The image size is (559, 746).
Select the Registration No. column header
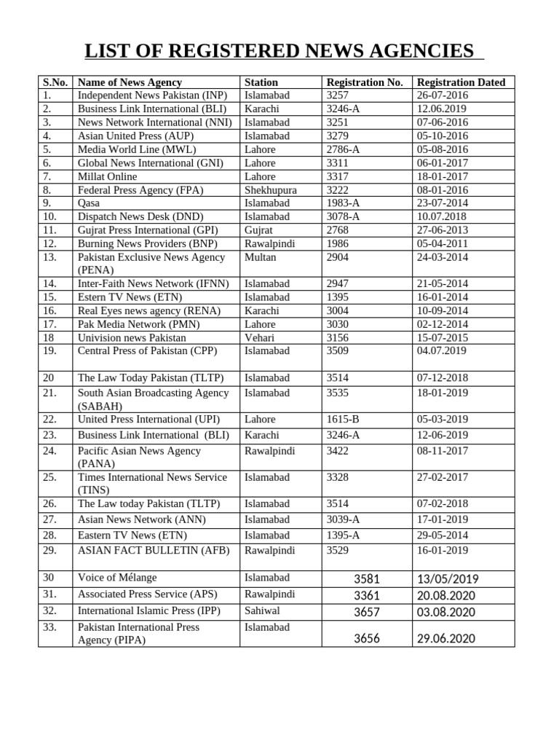[365, 82]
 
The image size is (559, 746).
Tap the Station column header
[261, 82]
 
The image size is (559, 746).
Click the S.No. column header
[55, 82]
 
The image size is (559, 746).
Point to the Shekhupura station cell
[271, 190]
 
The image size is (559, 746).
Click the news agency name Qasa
[89, 203]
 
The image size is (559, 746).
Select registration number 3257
[338, 95]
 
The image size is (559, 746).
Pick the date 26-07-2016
[443, 95]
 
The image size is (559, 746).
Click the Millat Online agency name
[108, 176]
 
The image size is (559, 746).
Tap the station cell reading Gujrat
[259, 230]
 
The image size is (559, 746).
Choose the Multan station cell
[260, 257]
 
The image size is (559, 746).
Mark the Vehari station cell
[259, 338]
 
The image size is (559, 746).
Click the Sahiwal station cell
[262, 610]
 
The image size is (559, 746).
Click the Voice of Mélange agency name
[117, 578]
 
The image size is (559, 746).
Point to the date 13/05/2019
[448, 580]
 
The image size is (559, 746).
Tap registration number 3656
[367, 639]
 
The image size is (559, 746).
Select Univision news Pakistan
[132, 338]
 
